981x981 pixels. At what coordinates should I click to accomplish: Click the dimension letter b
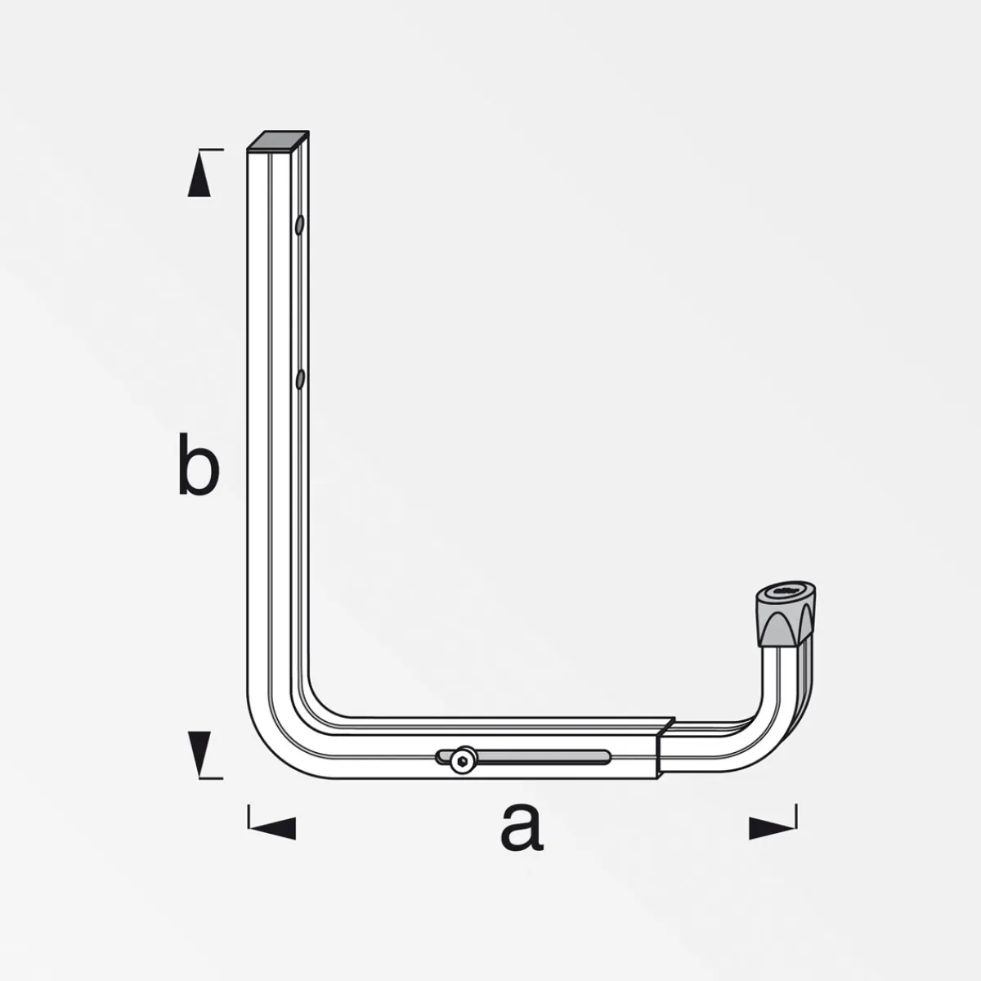(x=198, y=466)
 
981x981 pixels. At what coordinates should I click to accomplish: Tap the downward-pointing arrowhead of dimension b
(x=199, y=753)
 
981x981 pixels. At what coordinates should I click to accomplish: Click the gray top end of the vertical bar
(x=278, y=141)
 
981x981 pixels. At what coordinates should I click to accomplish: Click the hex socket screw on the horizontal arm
(x=463, y=761)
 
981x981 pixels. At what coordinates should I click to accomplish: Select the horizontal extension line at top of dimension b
(x=210, y=150)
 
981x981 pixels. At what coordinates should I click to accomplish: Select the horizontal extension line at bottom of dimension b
(x=210, y=777)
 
